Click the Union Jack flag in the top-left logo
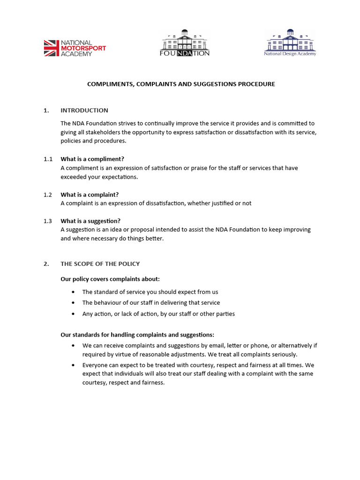pos(52,48)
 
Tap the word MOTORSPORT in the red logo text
pos(83,48)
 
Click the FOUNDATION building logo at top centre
pos(185,43)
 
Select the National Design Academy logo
pos(290,43)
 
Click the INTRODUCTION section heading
pos(84,111)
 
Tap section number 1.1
pos(48,159)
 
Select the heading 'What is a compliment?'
pos(92,159)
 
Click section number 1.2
pos(48,195)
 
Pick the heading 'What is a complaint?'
pos(90,195)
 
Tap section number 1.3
pos(48,221)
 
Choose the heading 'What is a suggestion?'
pos(90,221)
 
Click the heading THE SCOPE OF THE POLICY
pos(100,264)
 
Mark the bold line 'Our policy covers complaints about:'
pos(110,279)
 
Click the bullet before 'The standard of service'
pos(73,292)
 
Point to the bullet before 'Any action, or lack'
pos(73,314)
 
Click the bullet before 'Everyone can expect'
pos(73,365)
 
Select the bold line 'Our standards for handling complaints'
pos(137,335)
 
